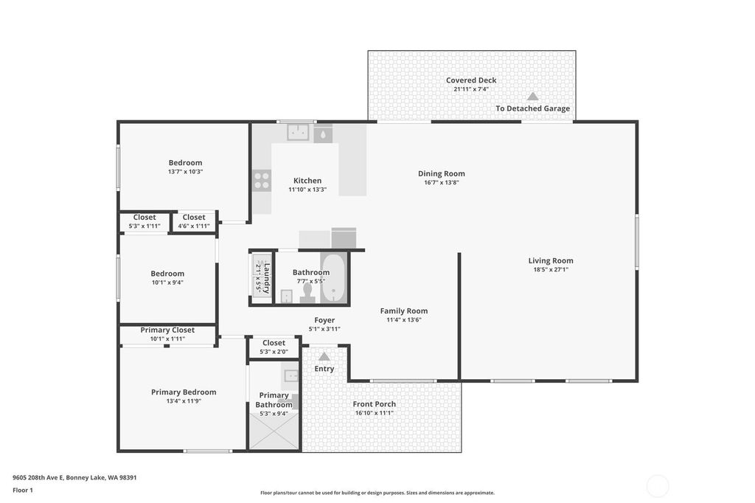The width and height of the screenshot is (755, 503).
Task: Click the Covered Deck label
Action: [x=471, y=80]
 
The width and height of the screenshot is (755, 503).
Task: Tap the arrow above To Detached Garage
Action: [x=532, y=97]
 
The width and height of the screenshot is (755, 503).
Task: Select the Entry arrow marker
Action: [x=324, y=356]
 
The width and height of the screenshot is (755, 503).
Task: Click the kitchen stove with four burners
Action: [x=262, y=181]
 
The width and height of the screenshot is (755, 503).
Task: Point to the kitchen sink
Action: [x=298, y=132]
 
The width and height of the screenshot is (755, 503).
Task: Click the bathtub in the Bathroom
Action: [x=333, y=279]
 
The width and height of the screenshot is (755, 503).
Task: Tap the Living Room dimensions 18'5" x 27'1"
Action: [x=551, y=270]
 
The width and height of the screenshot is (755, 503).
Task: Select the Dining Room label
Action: [x=442, y=174]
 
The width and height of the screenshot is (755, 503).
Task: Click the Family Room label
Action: [x=404, y=311]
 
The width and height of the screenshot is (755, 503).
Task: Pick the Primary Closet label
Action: [x=167, y=330]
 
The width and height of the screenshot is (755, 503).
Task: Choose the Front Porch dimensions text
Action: [x=375, y=413]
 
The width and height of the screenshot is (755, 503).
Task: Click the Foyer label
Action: [x=324, y=320]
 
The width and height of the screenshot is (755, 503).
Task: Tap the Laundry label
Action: [x=267, y=279]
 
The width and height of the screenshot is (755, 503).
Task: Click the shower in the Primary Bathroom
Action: [x=273, y=428]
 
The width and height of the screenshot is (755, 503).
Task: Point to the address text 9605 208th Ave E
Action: [x=38, y=478]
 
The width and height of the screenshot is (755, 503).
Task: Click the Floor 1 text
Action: [x=23, y=490]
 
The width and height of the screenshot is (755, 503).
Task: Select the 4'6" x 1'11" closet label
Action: [x=194, y=226]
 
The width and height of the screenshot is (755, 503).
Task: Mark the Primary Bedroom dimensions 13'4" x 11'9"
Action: [x=184, y=401]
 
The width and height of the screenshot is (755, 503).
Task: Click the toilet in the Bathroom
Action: [x=307, y=294]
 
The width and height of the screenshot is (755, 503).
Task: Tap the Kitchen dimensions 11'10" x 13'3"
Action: [x=307, y=190]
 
